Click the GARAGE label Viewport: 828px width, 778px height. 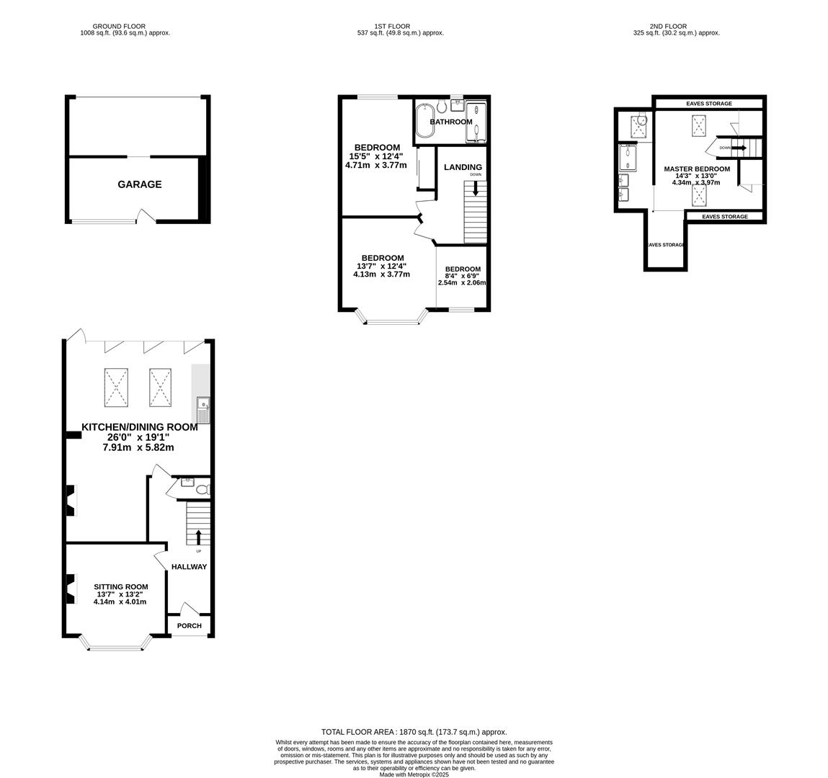140,184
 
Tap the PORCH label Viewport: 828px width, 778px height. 190,625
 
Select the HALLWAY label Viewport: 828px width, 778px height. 189,567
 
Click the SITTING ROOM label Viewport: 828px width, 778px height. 120,586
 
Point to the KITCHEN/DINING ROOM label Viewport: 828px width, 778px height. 139,427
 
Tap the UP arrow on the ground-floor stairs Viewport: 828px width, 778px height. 198,537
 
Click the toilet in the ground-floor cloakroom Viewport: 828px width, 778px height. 202,490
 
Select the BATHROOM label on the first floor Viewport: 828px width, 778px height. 451,122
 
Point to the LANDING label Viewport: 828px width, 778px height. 463,167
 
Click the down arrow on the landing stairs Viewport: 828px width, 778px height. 475,188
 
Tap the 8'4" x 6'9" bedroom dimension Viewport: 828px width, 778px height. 462,277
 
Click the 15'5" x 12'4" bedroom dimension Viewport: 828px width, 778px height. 376,156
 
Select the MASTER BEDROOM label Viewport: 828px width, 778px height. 697,169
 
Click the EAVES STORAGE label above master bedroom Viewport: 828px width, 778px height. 708,104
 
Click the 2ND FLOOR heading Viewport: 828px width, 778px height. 668,26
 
